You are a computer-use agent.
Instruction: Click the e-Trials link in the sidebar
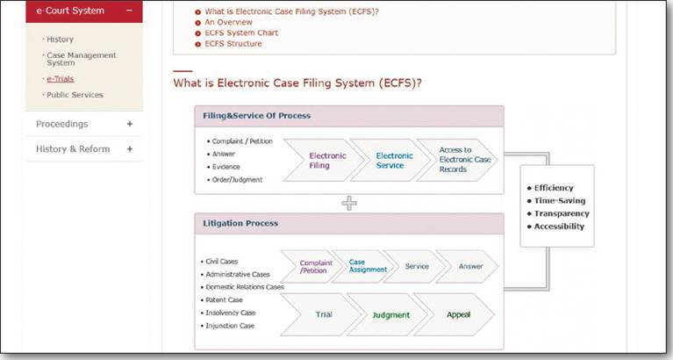tap(60, 79)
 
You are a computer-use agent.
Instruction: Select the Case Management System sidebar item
tap(81, 59)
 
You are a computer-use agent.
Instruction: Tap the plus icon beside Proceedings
tap(130, 124)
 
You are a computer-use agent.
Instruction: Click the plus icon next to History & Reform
tap(130, 149)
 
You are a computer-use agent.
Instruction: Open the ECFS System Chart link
tap(241, 32)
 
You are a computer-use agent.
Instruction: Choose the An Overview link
tap(228, 22)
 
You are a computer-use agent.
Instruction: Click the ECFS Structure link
tap(233, 43)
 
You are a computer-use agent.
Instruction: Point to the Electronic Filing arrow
tap(320, 160)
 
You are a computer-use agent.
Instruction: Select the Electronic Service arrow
tap(390, 160)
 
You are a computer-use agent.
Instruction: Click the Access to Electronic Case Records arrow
tap(457, 160)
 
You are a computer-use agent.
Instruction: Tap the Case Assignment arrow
tap(362, 266)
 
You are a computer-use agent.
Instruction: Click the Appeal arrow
tap(455, 315)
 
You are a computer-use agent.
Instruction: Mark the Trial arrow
tap(320, 315)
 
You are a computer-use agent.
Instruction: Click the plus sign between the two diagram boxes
tap(349, 203)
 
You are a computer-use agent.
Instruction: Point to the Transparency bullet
tap(558, 213)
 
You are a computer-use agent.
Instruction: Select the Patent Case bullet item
tap(221, 300)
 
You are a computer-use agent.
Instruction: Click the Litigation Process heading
tap(240, 223)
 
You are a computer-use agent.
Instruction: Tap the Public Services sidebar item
tap(75, 95)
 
